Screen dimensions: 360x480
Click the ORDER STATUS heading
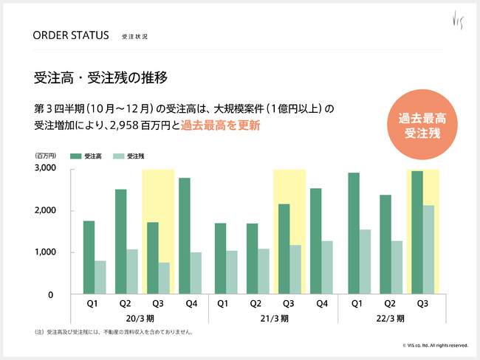pyautogui.click(x=71, y=35)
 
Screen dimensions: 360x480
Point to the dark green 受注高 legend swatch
pyautogui.click(x=75, y=156)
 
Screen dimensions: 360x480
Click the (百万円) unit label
pyautogui.click(x=45, y=156)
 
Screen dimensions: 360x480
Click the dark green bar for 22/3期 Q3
pyautogui.click(x=417, y=232)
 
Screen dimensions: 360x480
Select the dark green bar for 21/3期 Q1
pyautogui.click(x=221, y=258)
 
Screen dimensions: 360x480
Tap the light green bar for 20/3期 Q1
pyautogui.click(x=100, y=277)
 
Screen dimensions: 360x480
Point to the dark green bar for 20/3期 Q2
pyautogui.click(x=120, y=242)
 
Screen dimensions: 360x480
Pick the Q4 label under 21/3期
pyautogui.click(x=321, y=302)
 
